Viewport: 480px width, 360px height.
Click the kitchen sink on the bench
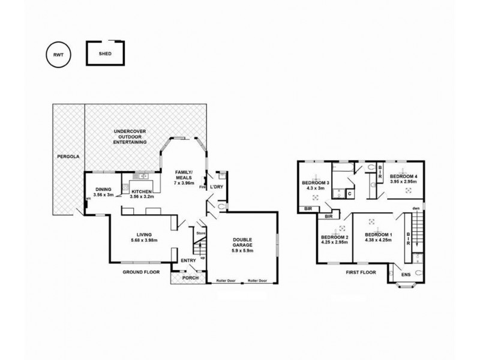coord(143,176)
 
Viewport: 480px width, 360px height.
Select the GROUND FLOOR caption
coord(141,271)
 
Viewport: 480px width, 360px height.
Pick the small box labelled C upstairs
coord(349,194)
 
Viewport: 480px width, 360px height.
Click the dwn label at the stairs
coord(415,209)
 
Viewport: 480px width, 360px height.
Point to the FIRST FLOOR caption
coord(361,272)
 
